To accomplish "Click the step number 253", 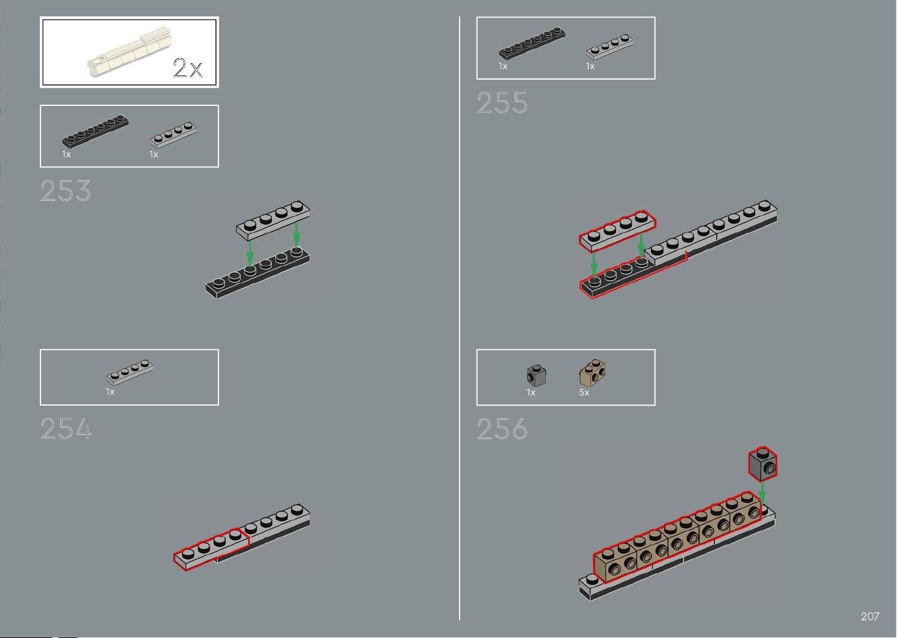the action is pos(66,190).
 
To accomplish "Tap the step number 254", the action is pos(66,428).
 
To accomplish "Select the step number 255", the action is pos(502,103).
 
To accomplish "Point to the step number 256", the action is pos(502,428).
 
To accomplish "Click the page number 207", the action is pos(869,616).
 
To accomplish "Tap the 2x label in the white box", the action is pos(188,67).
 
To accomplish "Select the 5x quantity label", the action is pos(584,393).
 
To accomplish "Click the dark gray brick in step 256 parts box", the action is pos(536,376).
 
